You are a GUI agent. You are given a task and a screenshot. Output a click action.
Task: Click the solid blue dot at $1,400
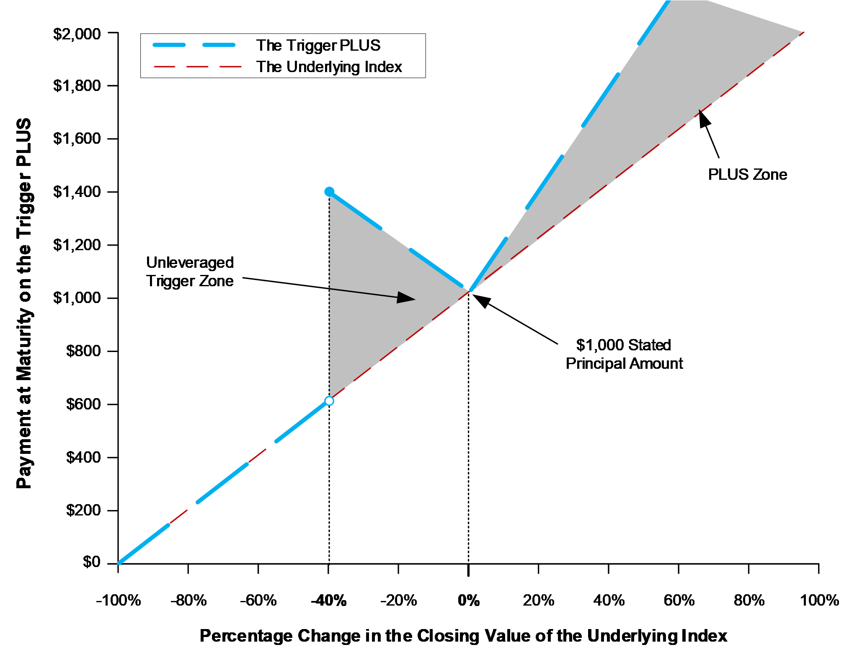[329, 192]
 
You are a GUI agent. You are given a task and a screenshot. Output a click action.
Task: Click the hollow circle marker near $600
[329, 401]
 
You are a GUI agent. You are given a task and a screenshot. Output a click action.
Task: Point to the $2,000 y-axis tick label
[77, 34]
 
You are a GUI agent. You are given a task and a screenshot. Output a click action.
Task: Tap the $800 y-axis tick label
[84, 351]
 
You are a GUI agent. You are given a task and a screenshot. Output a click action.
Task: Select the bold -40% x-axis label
[329, 601]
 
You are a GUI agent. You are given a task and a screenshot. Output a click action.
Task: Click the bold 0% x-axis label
[469, 601]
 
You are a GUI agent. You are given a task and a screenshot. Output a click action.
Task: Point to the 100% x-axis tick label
[819, 601]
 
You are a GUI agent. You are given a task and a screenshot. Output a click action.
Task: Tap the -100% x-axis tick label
[119, 601]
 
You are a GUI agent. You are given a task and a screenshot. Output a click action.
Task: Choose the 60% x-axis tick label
[679, 601]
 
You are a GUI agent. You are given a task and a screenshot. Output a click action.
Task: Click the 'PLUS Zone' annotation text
[747, 174]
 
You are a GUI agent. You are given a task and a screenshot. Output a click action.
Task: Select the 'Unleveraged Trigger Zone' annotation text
[190, 272]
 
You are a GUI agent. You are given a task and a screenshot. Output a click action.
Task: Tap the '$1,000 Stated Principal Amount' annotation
[624, 354]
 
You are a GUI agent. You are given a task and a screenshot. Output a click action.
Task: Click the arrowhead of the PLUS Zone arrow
[699, 110]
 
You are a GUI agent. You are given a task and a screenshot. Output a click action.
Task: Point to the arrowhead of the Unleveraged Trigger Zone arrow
[415, 299]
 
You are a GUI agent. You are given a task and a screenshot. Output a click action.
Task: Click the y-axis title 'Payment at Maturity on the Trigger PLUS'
[23, 303]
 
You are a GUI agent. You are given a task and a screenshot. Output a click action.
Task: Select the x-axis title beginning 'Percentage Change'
[463, 636]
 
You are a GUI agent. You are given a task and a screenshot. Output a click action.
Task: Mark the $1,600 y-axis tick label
[77, 138]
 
